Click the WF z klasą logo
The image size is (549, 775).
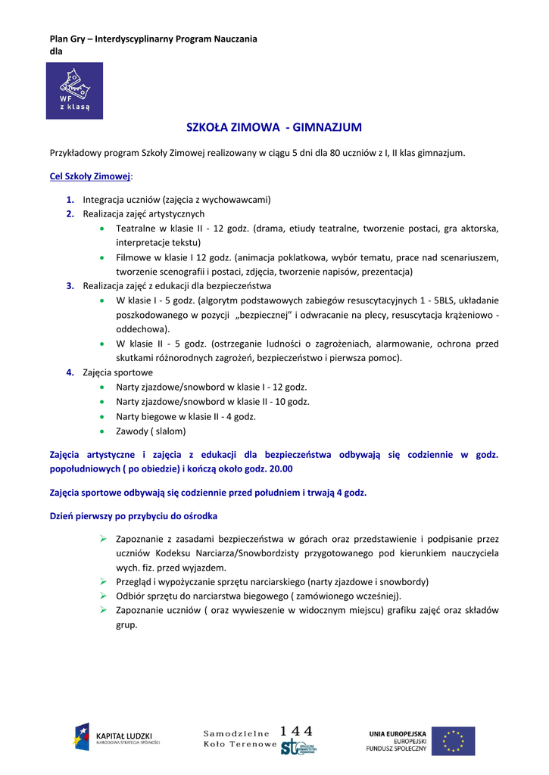(x=74, y=91)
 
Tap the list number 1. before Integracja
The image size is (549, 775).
(x=70, y=200)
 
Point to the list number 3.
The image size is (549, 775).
(x=70, y=286)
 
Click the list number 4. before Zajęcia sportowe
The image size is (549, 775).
(x=70, y=372)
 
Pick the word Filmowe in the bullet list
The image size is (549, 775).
(x=133, y=257)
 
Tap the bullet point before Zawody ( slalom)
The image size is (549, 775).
(x=101, y=431)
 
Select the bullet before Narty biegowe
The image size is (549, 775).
(x=101, y=417)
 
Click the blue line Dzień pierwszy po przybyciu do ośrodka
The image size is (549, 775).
(x=133, y=516)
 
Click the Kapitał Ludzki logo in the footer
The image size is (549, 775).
(x=117, y=739)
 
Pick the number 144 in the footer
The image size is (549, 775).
(x=296, y=731)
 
